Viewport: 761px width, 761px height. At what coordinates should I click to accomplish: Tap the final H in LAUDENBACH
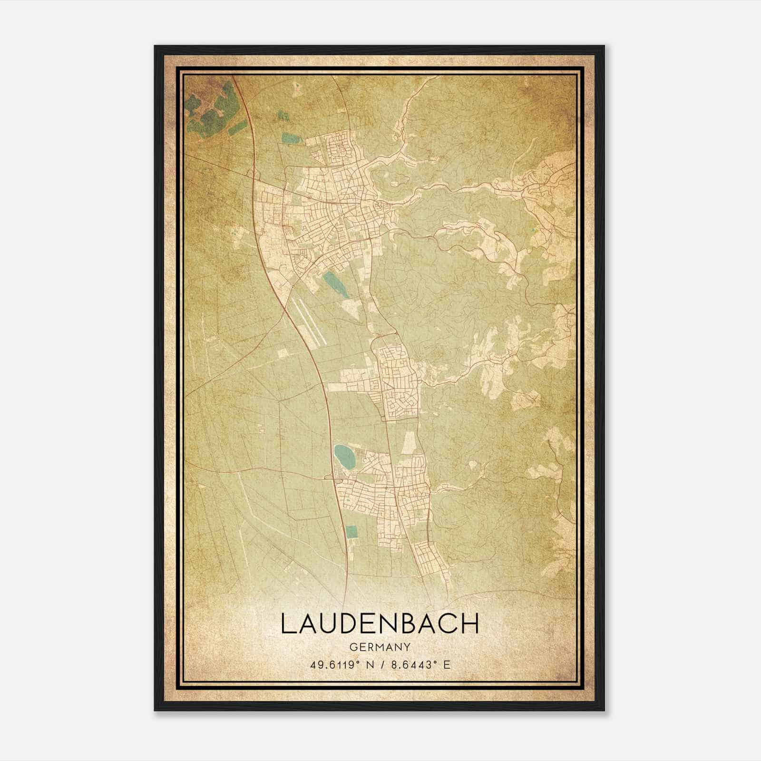(x=470, y=624)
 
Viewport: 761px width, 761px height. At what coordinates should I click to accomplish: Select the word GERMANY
(x=380, y=647)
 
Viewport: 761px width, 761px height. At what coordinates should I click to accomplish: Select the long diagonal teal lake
(x=335, y=285)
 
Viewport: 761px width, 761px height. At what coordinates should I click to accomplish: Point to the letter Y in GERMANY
(x=407, y=647)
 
